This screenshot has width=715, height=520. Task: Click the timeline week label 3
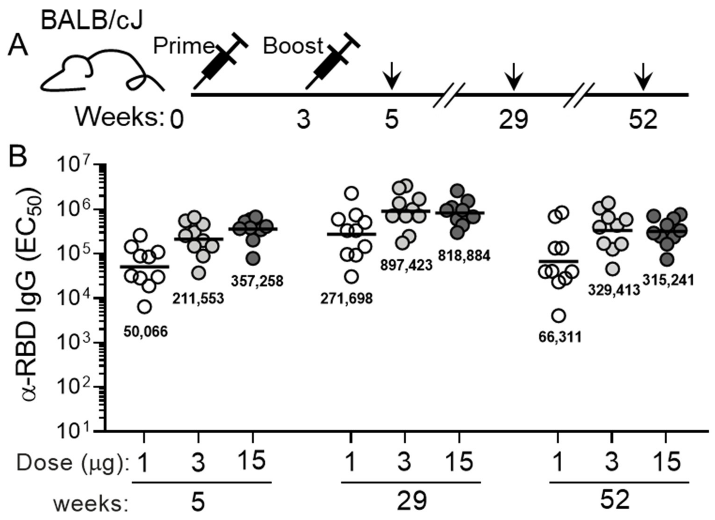303,120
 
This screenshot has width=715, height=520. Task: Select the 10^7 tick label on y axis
75,166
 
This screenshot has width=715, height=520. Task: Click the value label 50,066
145,332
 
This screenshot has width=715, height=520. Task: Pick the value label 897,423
406,265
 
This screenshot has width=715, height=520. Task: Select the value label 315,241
668,280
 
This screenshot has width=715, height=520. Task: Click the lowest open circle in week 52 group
559,316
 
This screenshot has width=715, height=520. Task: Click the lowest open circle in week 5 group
145,307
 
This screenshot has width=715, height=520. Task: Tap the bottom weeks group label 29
411,501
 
